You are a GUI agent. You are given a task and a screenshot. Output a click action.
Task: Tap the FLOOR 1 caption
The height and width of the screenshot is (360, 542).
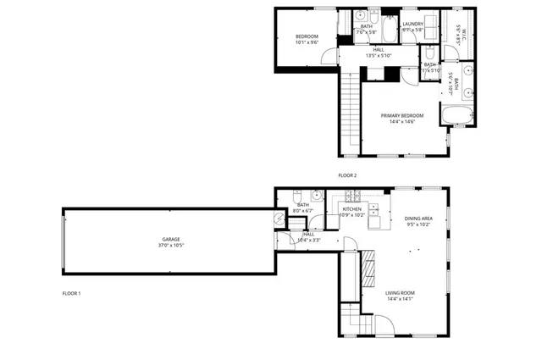click(71, 293)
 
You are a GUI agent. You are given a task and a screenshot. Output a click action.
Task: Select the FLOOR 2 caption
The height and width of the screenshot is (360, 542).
click(347, 175)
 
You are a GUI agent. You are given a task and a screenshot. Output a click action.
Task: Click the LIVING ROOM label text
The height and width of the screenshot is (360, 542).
click(400, 292)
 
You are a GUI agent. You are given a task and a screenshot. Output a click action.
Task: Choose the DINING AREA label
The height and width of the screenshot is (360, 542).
click(418, 219)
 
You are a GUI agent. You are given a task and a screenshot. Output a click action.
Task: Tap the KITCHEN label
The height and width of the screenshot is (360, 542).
click(351, 208)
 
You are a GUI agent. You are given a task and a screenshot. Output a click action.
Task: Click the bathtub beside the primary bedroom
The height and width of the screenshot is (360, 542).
click(455, 115)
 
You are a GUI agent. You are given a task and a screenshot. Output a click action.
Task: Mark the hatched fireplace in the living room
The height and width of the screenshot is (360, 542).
click(369, 268)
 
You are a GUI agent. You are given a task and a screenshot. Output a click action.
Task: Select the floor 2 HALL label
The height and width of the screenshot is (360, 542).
click(378, 50)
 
